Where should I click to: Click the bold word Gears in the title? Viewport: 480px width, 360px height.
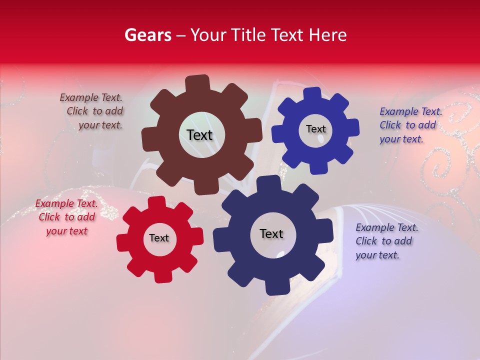[147, 35]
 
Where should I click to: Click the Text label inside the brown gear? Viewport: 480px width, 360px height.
[199, 135]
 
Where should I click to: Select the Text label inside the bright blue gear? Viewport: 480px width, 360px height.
[315, 129]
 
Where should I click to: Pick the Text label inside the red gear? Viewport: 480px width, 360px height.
[159, 238]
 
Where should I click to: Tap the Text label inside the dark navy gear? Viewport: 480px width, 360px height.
[271, 233]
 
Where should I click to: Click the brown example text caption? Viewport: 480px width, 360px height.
[92, 111]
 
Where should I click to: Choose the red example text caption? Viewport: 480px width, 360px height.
[66, 217]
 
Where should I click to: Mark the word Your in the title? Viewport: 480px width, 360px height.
[207, 35]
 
